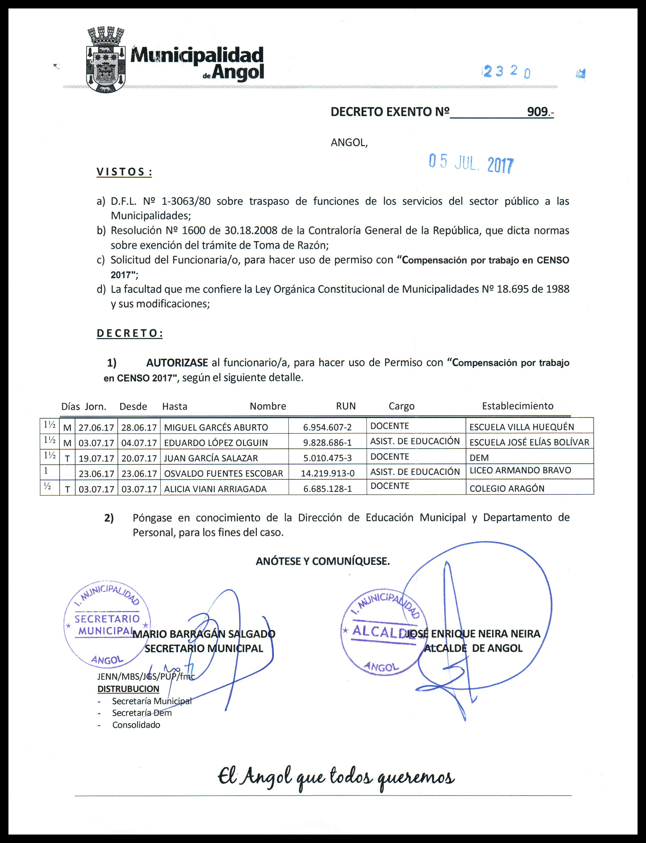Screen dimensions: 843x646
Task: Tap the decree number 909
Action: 537,112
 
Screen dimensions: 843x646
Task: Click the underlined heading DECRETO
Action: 130,333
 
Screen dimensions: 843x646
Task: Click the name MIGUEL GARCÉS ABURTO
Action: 216,427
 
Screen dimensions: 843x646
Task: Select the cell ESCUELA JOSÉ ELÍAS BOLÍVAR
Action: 529,442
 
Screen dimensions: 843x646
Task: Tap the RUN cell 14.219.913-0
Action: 328,473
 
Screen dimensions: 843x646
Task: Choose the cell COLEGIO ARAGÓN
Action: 507,489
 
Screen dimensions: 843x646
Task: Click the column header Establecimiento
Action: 517,406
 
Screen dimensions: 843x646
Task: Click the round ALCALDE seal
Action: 384,631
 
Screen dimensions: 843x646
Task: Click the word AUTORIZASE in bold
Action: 177,363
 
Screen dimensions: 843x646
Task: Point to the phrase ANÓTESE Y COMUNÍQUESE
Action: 323,561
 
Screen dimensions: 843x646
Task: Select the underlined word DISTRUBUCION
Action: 129,689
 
